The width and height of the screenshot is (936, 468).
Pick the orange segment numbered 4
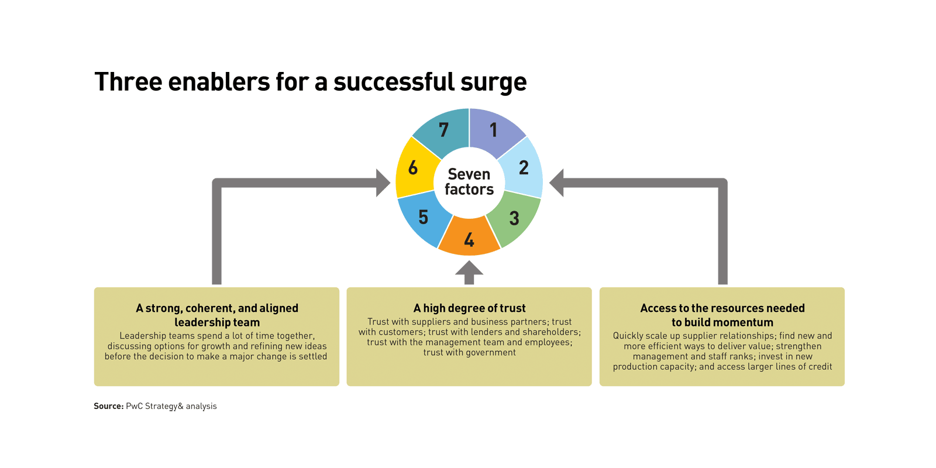(469, 239)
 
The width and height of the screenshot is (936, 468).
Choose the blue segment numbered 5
(424, 217)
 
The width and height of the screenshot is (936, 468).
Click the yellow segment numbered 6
(413, 168)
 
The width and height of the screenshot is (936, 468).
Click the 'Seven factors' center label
(469, 182)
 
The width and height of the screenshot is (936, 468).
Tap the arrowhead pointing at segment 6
(383, 183)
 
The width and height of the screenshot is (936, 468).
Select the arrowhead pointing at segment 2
(556, 183)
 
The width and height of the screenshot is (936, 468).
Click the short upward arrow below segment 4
(469, 272)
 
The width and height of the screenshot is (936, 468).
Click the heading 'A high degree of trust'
(469, 308)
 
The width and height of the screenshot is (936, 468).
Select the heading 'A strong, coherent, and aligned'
(217, 308)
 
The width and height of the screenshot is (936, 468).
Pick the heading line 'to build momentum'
(722, 322)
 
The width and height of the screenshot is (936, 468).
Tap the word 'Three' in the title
(128, 82)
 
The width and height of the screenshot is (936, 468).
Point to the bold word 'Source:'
(109, 406)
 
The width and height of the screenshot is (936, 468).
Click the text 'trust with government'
(469, 352)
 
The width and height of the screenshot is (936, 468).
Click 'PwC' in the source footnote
(134, 406)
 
